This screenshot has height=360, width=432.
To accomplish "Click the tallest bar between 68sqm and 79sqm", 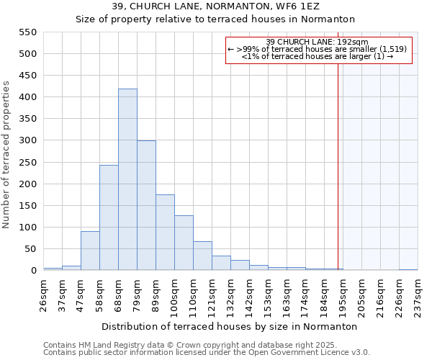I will point(127,180).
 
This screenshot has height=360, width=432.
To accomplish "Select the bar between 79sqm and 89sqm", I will point(146,206).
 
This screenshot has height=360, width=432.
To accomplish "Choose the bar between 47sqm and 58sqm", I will point(90,251).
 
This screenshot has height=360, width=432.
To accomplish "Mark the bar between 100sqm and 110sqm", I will point(184,243).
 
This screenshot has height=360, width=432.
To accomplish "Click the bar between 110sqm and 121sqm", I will point(202,256).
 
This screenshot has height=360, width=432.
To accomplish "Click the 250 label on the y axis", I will point(27,163).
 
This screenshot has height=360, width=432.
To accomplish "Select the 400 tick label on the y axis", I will point(27,97).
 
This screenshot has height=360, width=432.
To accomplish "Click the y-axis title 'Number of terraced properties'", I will point(6,154).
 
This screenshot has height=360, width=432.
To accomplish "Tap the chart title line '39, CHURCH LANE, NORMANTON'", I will point(215,6).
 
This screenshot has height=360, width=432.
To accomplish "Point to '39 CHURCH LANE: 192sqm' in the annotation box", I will point(317,42).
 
